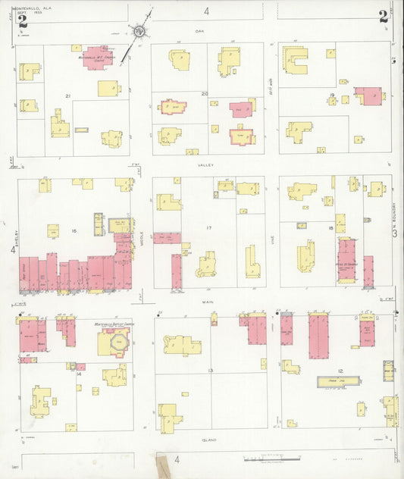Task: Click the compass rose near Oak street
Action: click(139, 32)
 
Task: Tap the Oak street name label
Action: click(200, 30)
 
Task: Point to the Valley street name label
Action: click(205, 164)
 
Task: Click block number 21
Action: click(68, 96)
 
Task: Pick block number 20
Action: click(205, 93)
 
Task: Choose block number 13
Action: click(210, 370)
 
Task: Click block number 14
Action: click(78, 373)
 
